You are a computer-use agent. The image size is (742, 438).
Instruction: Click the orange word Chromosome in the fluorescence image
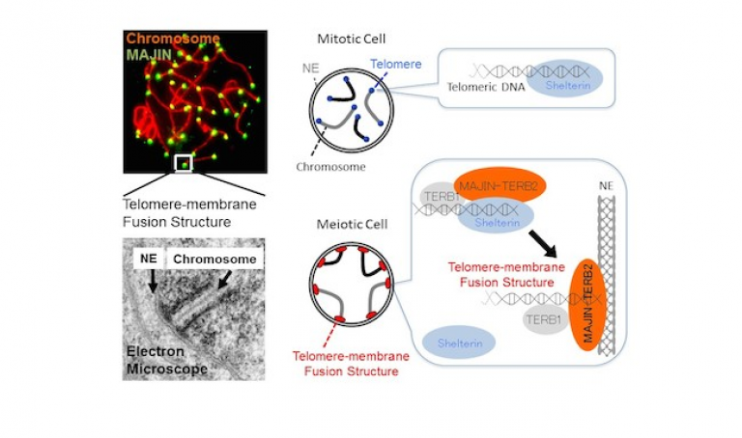click(x=172, y=40)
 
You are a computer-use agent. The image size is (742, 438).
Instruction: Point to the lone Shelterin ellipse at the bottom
click(x=460, y=342)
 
